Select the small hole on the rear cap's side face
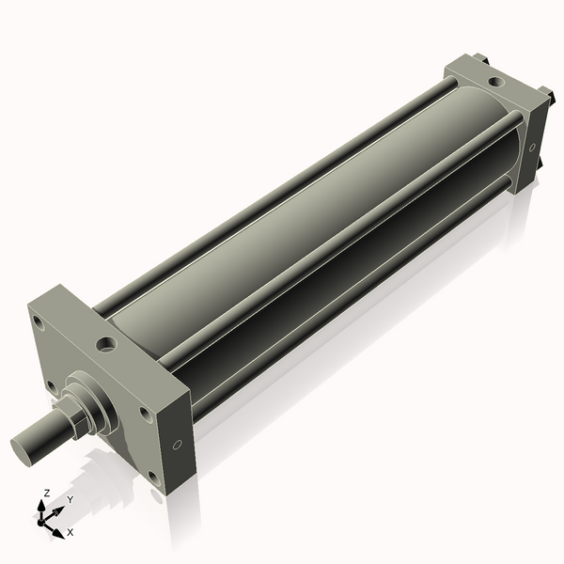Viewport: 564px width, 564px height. point(532,147)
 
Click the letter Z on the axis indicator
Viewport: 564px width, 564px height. point(46,493)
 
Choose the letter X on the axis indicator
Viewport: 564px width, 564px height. point(70,532)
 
